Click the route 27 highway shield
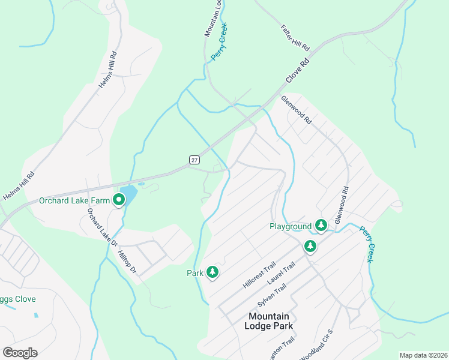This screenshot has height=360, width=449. (x=194, y=160)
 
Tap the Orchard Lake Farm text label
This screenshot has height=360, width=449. (x=75, y=201)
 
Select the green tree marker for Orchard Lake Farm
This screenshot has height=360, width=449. (x=119, y=201)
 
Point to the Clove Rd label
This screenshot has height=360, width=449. (x=297, y=70)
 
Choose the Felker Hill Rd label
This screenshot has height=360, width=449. (x=295, y=38)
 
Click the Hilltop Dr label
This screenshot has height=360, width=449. (x=128, y=262)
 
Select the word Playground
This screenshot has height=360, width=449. (x=291, y=226)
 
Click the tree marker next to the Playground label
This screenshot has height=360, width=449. (x=321, y=225)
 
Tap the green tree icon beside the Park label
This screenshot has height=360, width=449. (x=212, y=272)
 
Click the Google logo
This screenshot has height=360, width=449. (x=20, y=352)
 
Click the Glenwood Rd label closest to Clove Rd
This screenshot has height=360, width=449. (x=297, y=110)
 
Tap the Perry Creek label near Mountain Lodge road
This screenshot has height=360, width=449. (x=218, y=43)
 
